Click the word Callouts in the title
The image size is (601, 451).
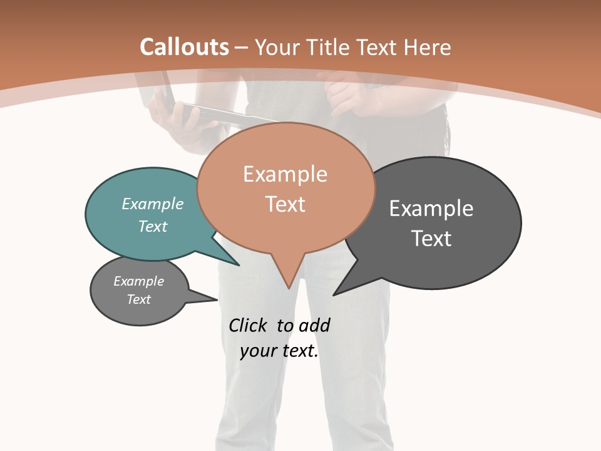(x=184, y=47)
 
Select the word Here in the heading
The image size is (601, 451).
(x=427, y=47)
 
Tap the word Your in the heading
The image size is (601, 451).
(x=278, y=47)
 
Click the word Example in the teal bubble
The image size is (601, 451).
(x=153, y=204)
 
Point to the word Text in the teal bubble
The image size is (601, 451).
(x=153, y=226)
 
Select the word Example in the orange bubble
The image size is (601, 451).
(x=285, y=174)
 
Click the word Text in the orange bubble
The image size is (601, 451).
(x=285, y=204)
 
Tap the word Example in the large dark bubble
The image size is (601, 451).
(x=431, y=208)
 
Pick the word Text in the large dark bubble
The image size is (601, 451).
(x=431, y=238)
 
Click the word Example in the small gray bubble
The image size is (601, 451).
(x=139, y=281)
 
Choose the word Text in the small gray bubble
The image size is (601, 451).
(x=139, y=299)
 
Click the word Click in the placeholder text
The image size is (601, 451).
(x=249, y=326)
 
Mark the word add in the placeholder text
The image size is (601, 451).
(x=314, y=326)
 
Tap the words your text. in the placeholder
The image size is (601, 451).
(x=279, y=351)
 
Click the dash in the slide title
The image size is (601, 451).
(x=242, y=47)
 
